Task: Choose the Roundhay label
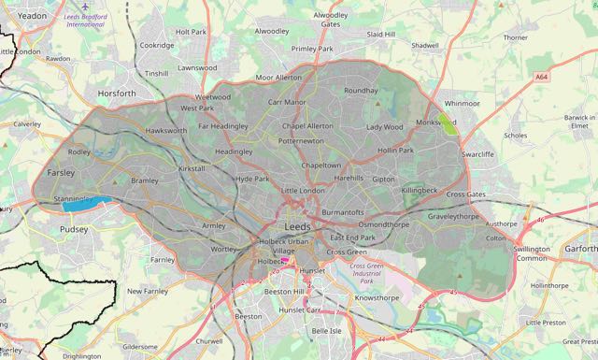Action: (363, 91)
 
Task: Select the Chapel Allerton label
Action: (307, 125)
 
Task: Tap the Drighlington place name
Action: (82, 355)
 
